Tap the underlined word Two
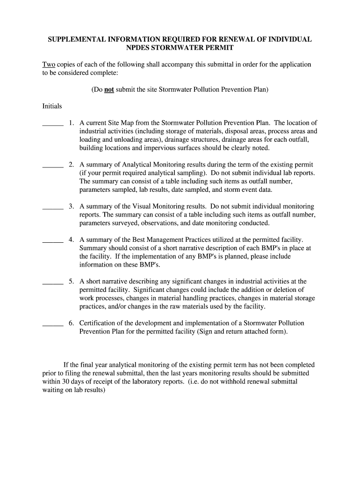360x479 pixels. [49, 65]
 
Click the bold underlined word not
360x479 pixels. [109, 89]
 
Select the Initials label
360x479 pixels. [52, 106]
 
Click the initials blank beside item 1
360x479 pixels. [53, 124]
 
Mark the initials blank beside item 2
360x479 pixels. [53, 166]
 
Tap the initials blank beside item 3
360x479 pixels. [53, 207]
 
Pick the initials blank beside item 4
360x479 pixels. [53, 240]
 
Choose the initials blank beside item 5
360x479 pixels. [53, 283]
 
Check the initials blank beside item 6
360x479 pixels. [53, 324]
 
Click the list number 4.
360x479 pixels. [71, 239]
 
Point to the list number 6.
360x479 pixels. [71, 323]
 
